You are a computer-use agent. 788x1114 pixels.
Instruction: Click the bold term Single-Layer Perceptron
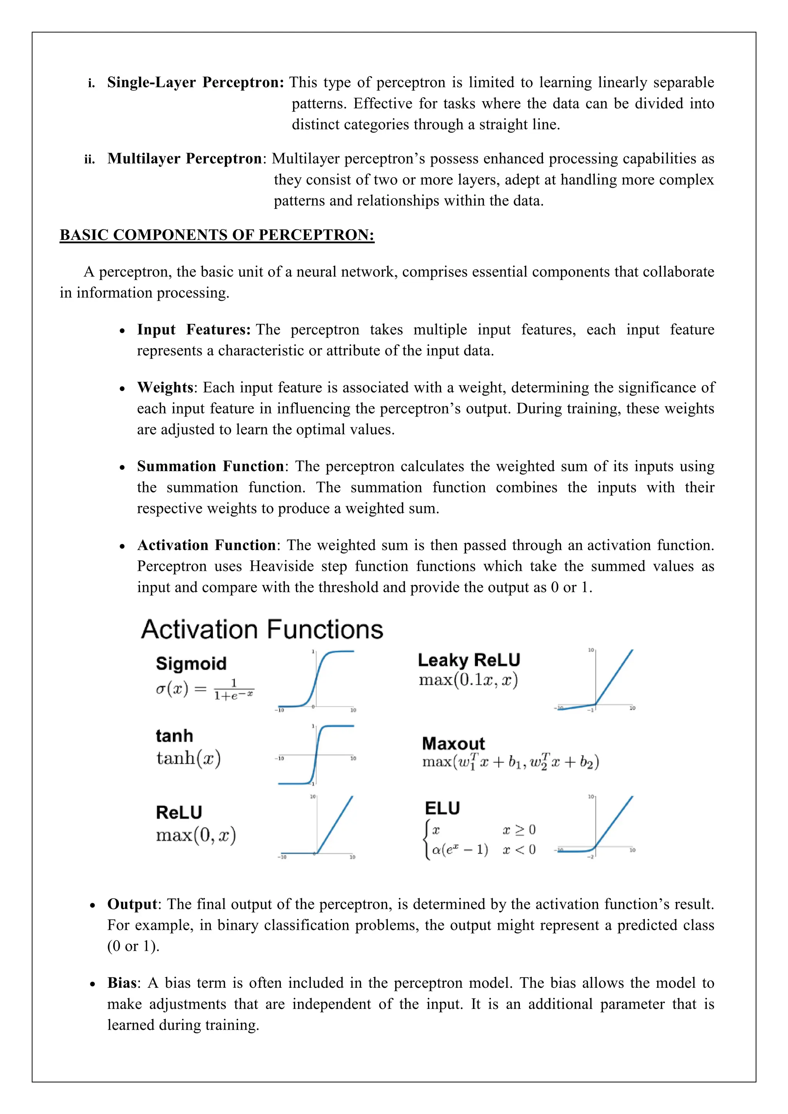pos(195,82)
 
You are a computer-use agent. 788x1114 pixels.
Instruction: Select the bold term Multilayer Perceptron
pos(184,158)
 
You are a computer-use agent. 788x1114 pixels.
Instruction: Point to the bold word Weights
pos(165,387)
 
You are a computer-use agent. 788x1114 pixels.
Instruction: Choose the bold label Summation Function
pos(210,466)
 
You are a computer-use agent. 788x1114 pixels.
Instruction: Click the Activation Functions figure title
pos(262,629)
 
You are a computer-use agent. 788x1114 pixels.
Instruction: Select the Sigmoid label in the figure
pos(191,663)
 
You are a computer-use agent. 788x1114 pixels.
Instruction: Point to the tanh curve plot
pos(316,755)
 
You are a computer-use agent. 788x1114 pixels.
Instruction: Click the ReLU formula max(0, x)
pos(195,835)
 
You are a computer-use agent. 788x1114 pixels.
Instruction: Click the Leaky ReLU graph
pos(595,680)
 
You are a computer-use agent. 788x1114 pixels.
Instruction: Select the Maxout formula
pos(511,762)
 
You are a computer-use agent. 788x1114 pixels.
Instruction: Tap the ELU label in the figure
pos(442,808)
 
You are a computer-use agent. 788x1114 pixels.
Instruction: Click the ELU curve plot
pos(595,827)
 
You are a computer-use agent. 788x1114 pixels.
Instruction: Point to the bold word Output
pos(132,904)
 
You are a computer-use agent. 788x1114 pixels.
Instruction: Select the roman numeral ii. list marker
pos(89,160)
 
